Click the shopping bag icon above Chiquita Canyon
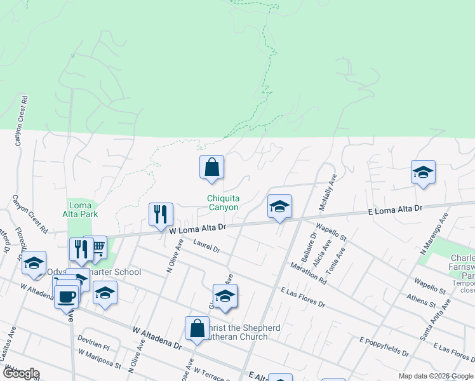click(x=211, y=168)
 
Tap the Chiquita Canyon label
click(x=223, y=203)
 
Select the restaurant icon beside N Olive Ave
click(x=161, y=214)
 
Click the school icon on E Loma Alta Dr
click(x=279, y=206)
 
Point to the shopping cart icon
click(x=97, y=247)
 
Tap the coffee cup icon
click(x=66, y=296)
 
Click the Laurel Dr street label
click(x=206, y=246)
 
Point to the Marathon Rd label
click(x=309, y=272)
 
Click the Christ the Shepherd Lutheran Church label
click(x=243, y=332)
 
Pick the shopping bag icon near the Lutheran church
click(x=196, y=328)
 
